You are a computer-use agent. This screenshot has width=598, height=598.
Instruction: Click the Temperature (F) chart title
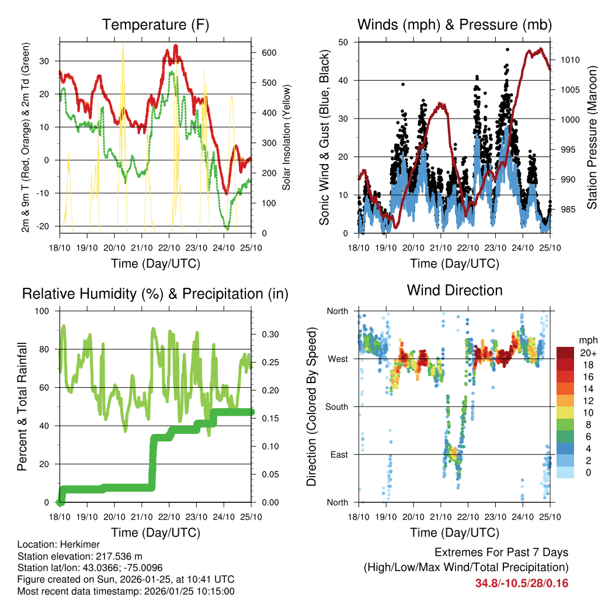tap(155, 25)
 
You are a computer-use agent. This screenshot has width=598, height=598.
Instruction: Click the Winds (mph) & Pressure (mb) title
tap(454, 25)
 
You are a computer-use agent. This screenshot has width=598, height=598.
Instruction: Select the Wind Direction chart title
tap(454, 290)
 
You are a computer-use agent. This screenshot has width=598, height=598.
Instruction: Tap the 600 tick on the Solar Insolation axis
tap(269, 53)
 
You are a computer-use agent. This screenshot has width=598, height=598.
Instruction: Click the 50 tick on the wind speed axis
tap(343, 42)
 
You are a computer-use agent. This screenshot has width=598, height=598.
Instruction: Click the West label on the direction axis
tap(337, 359)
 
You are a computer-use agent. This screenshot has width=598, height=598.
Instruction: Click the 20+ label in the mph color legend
tap(588, 353)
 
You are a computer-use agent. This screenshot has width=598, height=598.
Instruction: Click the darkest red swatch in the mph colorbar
tap(565, 353)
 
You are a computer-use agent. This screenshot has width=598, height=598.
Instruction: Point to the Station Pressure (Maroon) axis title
tap(592, 137)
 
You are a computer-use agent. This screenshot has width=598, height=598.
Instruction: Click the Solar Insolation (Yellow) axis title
tap(287, 137)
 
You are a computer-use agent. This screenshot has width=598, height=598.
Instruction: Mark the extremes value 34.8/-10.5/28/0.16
tap(521, 583)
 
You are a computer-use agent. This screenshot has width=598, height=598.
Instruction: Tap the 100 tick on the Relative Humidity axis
tap(45, 311)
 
